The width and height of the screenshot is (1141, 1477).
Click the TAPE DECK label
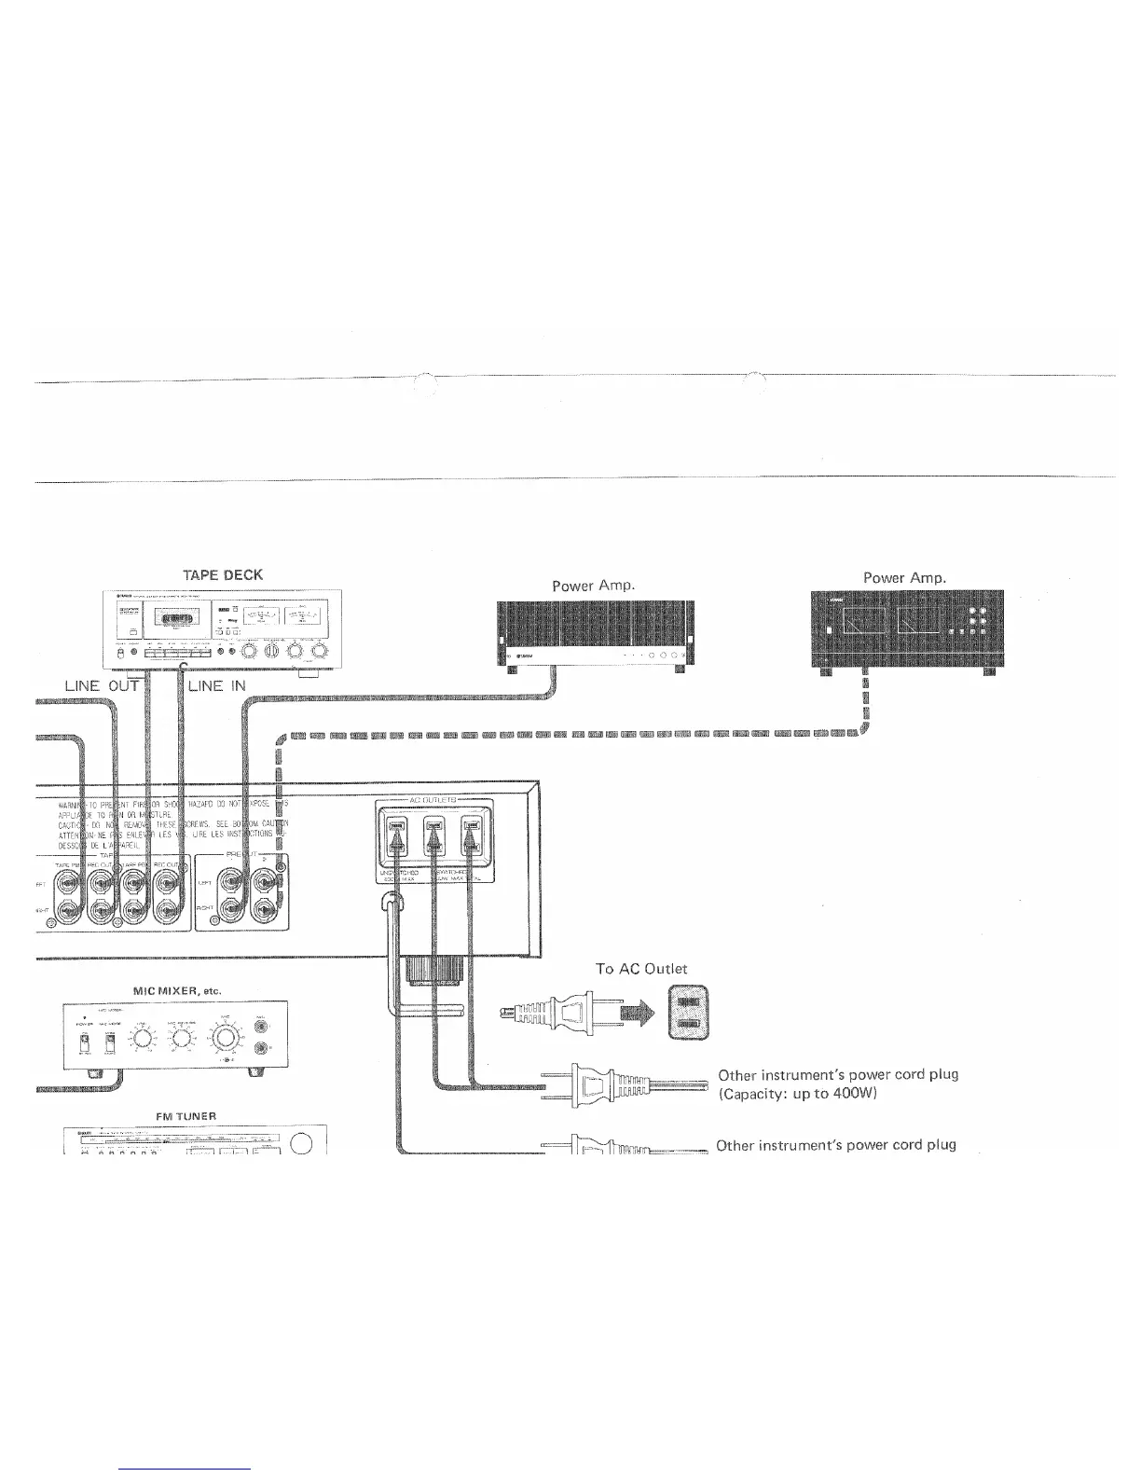click(x=225, y=574)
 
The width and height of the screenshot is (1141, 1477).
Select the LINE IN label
click(x=217, y=686)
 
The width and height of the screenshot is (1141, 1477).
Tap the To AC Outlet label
click(x=640, y=969)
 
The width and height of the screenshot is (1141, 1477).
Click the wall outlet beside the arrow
click(x=688, y=1013)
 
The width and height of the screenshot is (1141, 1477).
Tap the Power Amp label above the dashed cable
click(x=904, y=577)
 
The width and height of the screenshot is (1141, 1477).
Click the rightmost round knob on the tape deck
click(x=320, y=650)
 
